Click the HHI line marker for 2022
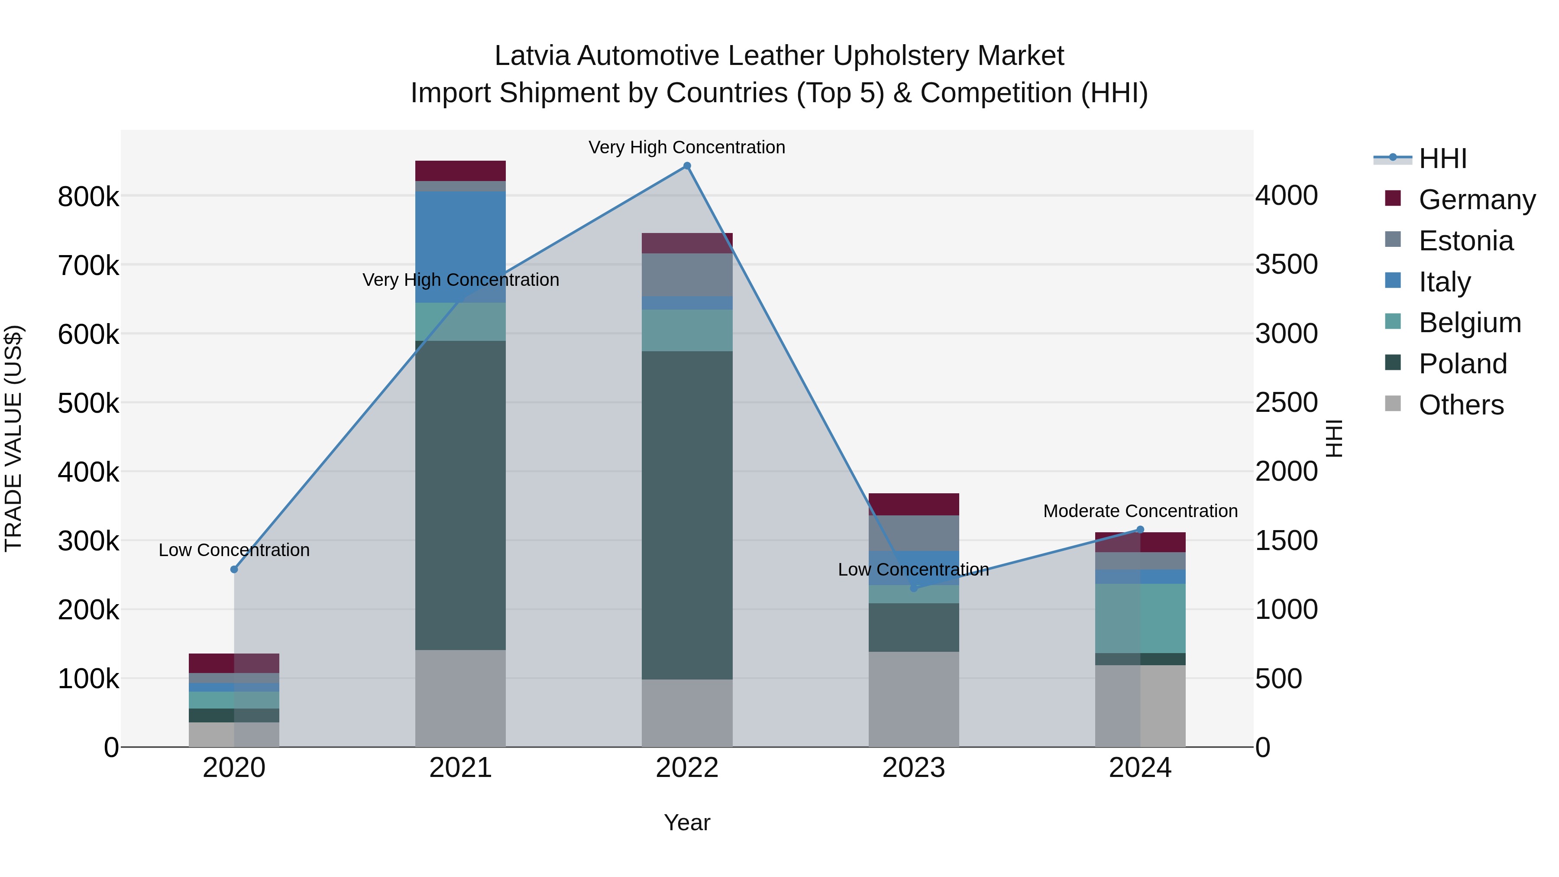[x=687, y=166]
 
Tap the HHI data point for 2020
[x=234, y=569]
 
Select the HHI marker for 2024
[x=1140, y=530]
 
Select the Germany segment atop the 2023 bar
[x=914, y=504]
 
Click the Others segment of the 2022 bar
[x=687, y=712]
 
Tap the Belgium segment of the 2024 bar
[x=1140, y=618]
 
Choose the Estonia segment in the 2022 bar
[x=687, y=275]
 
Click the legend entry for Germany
[x=1477, y=200]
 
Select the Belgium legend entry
[x=1469, y=323]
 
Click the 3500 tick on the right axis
[x=1286, y=265]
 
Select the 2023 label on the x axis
[x=913, y=768]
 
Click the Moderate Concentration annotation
[x=1140, y=511]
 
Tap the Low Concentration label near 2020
[x=234, y=550]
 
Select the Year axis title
[x=687, y=822]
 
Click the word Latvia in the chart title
[x=532, y=56]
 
